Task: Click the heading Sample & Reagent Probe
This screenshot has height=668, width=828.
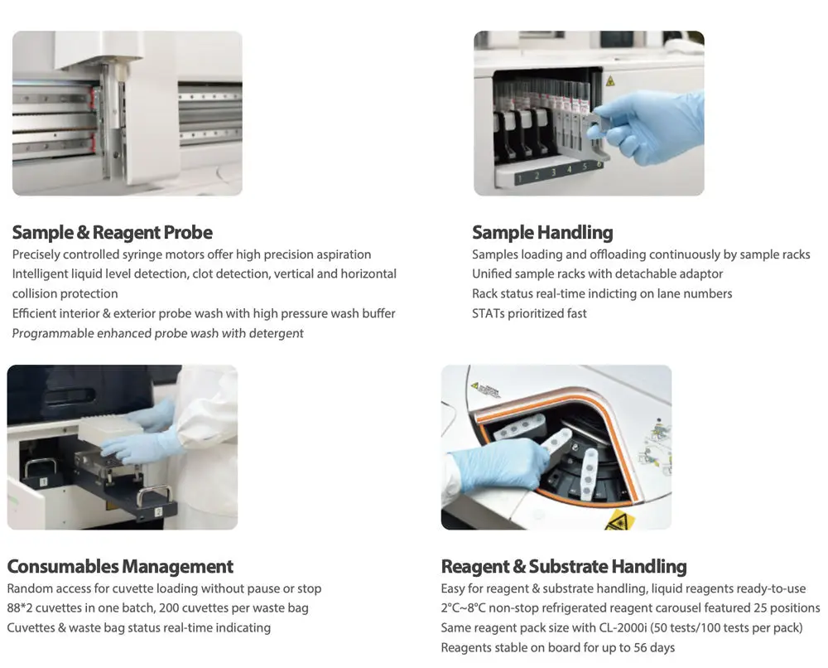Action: [x=112, y=233]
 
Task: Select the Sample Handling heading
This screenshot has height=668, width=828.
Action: [x=542, y=233]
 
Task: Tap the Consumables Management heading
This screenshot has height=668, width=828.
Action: [x=120, y=567]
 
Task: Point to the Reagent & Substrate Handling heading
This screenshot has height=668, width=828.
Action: [x=563, y=567]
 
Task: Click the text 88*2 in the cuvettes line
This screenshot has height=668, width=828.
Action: [x=20, y=607]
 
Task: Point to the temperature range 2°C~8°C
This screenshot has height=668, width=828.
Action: [x=463, y=607]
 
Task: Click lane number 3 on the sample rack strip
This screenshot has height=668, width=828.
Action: [x=553, y=172]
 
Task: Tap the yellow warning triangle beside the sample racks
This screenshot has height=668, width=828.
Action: [x=610, y=81]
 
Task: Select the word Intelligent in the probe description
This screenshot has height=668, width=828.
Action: [x=40, y=273]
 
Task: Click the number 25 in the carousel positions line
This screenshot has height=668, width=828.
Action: [x=760, y=607]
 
